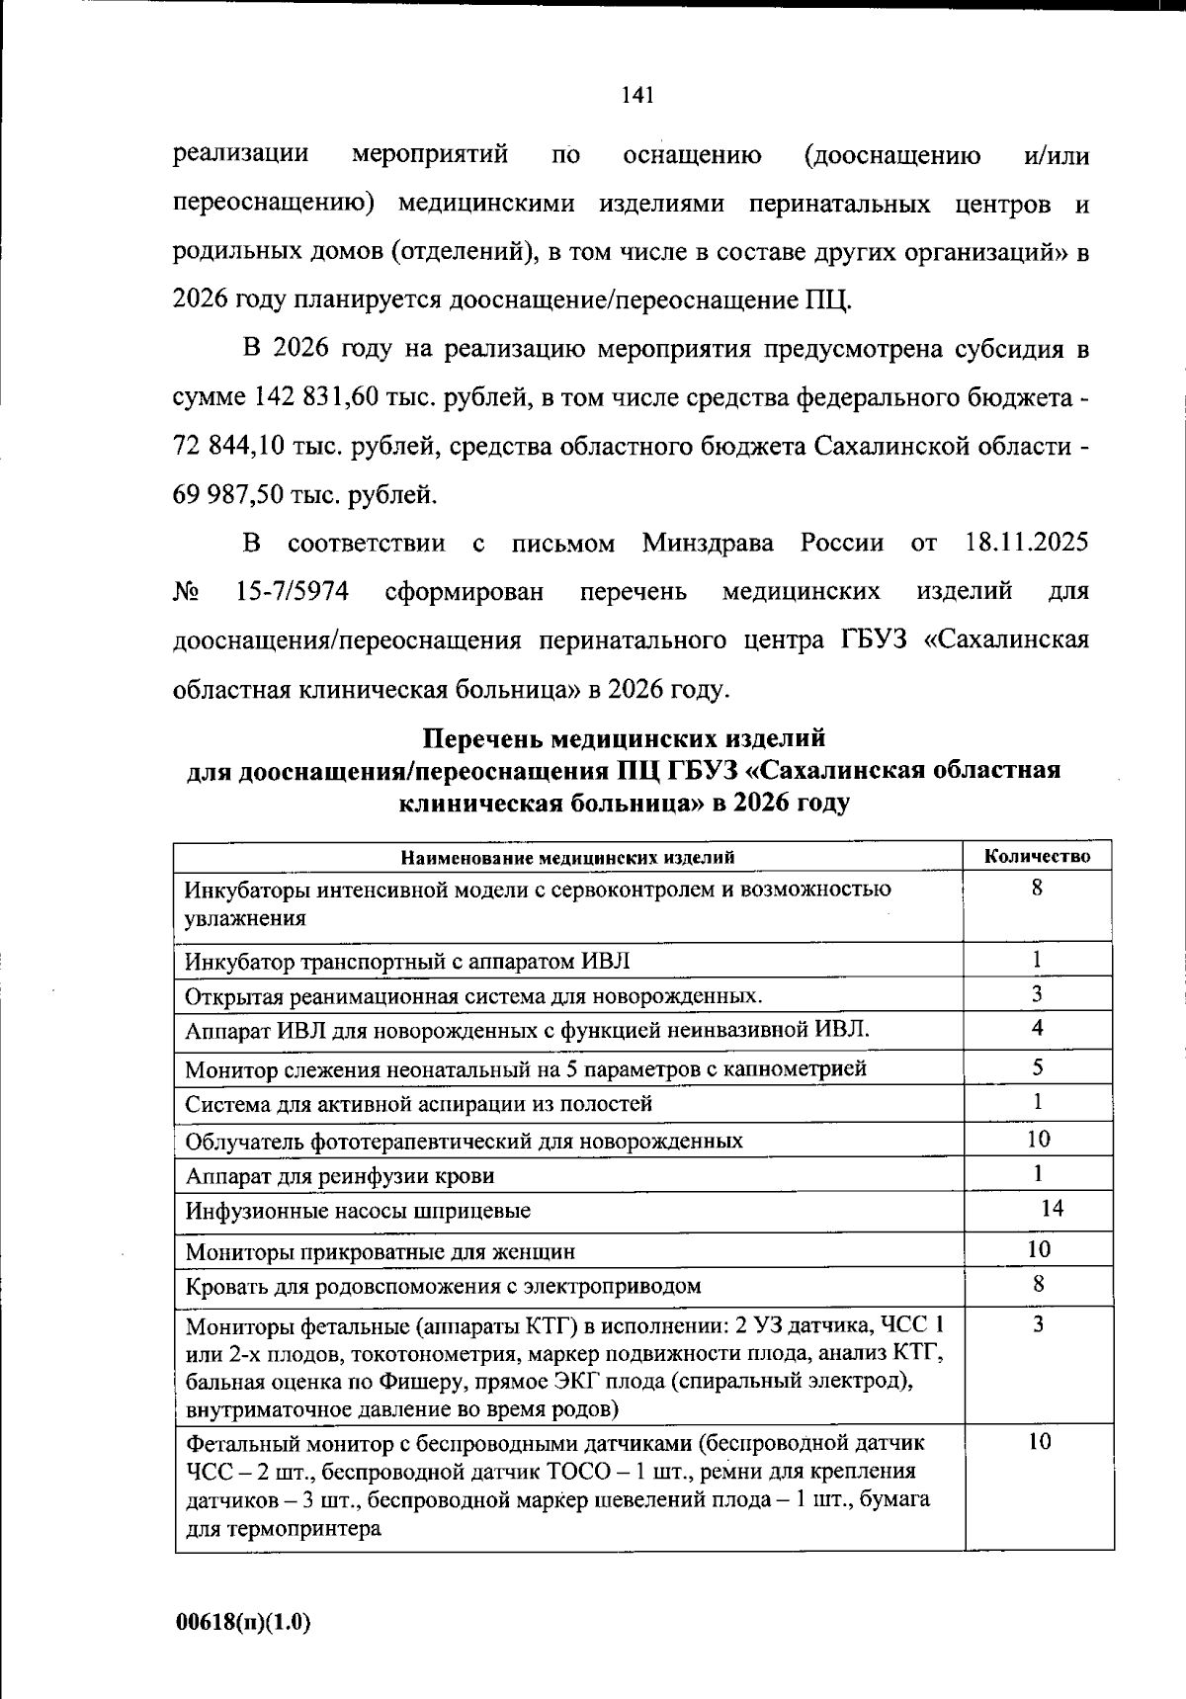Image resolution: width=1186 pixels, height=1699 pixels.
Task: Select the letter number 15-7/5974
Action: [293, 592]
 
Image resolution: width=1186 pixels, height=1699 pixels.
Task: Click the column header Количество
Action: [1038, 857]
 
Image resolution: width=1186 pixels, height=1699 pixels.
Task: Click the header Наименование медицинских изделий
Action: [568, 857]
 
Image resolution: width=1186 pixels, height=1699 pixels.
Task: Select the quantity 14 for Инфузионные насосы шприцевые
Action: [1052, 1208]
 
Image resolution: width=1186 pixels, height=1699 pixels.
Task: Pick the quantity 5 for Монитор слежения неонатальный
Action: [1038, 1067]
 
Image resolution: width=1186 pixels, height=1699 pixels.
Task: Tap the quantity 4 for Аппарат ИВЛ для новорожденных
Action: [1038, 1028]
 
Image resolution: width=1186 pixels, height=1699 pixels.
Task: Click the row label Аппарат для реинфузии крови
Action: [340, 1176]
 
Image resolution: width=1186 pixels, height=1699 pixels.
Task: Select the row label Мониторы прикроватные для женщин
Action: [381, 1252]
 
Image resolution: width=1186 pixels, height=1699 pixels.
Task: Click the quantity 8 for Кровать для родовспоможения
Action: [1038, 1285]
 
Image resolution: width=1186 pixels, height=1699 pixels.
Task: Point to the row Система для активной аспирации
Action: [419, 1104]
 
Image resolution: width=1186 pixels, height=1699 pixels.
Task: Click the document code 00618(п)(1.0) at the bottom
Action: [243, 1622]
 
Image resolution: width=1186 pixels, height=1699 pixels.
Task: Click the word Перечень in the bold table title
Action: [483, 738]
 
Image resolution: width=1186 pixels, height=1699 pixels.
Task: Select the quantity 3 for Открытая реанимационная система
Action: [1038, 993]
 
